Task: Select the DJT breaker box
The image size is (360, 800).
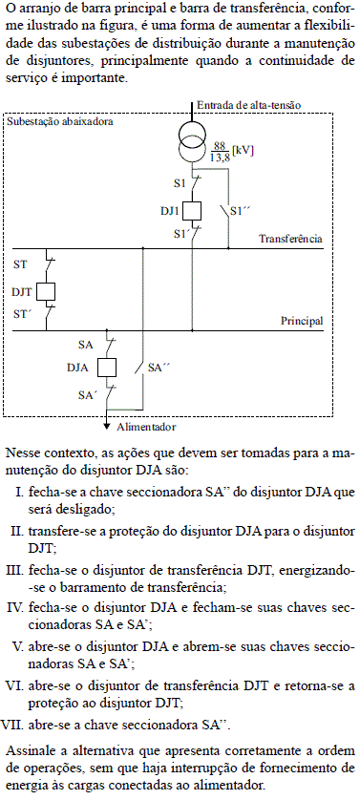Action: point(46,292)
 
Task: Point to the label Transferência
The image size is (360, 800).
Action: point(290,239)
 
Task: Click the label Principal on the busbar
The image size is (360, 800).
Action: point(301,321)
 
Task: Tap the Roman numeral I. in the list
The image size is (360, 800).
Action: point(22,491)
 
